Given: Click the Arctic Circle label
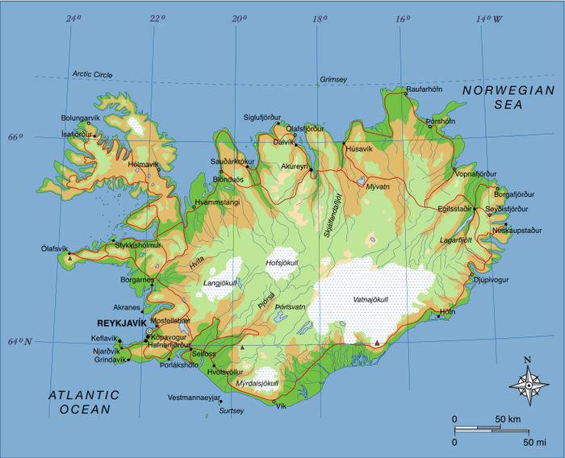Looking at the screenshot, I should click(x=92, y=74).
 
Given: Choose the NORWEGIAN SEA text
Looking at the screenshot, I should click(x=508, y=98).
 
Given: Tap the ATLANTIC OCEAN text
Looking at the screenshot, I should click(x=83, y=402).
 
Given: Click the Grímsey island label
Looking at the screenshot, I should click(x=333, y=80).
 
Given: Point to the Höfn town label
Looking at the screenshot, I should click(x=446, y=310).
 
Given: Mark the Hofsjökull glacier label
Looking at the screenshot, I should click(x=282, y=263).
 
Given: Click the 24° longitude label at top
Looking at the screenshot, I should click(x=73, y=18).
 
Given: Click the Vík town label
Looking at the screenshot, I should click(x=281, y=406).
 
